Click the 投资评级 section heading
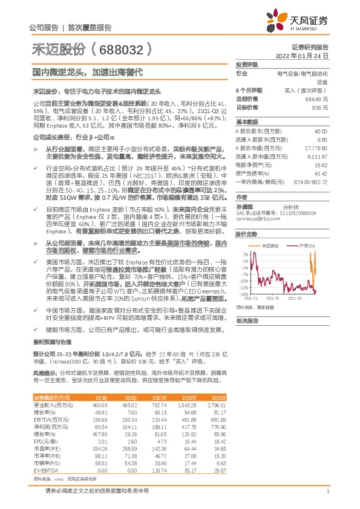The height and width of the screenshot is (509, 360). click(x=247, y=64)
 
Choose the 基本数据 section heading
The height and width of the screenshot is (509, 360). click(x=247, y=122)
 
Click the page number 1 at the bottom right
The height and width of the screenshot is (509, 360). click(x=327, y=491)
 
